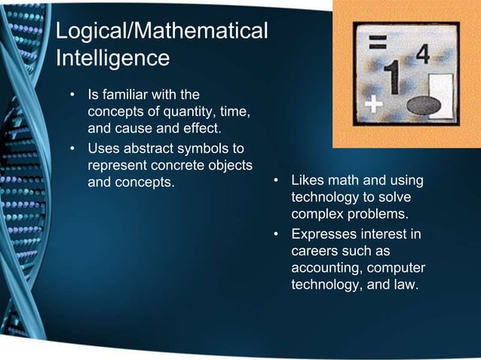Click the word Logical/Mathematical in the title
click(161, 32)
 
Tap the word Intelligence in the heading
click(112, 57)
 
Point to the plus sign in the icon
click(373, 104)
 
